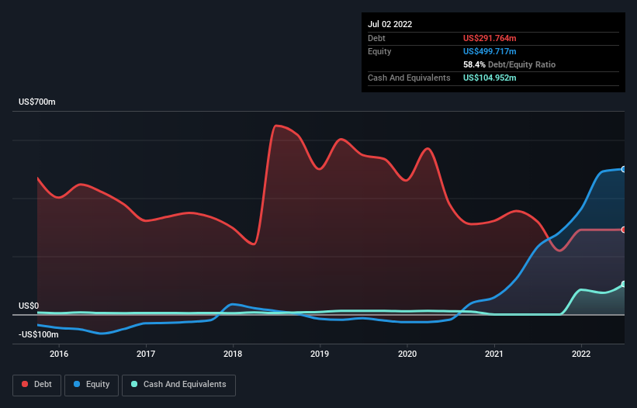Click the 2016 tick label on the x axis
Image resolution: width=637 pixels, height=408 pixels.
[59, 354]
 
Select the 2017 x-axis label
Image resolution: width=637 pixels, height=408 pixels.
[145, 354]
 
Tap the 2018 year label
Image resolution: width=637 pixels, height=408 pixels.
[232, 354]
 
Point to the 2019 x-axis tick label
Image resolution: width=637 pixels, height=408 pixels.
[320, 354]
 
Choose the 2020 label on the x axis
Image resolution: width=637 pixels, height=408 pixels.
[407, 354]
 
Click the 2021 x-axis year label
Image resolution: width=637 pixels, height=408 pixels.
[494, 354]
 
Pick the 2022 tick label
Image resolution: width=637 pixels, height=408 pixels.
[581, 354]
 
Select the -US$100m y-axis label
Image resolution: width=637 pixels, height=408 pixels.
[39, 334]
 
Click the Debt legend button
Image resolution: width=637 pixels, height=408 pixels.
[36, 385]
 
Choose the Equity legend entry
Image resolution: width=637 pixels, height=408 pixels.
[92, 385]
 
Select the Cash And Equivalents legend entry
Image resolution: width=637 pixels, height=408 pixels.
[178, 385]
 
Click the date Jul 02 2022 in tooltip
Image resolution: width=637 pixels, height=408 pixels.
[390, 24]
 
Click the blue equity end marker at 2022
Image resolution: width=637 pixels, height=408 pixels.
[624, 168]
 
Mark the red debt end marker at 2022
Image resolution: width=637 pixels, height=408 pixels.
[624, 230]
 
